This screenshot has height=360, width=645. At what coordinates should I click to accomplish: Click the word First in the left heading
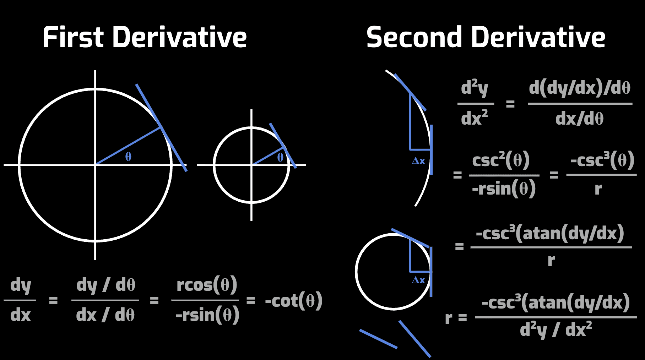tap(73, 37)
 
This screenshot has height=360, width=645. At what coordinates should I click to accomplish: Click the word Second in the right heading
tap(413, 37)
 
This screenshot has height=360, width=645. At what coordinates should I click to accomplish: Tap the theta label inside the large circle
tap(128, 157)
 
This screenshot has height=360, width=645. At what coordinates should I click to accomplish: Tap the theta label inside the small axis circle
tap(280, 157)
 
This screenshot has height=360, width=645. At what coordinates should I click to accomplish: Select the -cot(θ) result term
tap(294, 301)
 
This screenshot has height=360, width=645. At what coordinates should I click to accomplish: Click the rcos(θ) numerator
tap(207, 285)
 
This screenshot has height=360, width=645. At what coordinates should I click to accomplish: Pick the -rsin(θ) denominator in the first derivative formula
tap(207, 315)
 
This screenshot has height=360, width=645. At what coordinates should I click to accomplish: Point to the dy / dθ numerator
tap(105, 285)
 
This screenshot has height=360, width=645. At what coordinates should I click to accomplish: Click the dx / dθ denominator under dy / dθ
tap(105, 315)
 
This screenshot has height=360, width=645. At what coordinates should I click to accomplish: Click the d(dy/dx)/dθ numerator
tap(580, 88)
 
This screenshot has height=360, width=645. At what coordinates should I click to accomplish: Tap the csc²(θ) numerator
tap(501, 160)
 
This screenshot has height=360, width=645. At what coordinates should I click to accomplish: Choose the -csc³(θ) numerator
tap(602, 160)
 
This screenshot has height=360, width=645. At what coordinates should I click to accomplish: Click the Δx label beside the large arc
tap(418, 161)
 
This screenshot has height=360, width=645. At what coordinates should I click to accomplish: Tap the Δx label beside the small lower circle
tap(418, 280)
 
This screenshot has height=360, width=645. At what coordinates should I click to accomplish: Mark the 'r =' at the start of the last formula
tap(456, 318)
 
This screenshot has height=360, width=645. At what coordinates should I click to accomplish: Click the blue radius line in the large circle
tap(128, 146)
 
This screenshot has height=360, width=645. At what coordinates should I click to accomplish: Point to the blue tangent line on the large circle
tap(162, 128)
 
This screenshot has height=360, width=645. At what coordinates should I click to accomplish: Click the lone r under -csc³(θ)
tap(598, 189)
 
